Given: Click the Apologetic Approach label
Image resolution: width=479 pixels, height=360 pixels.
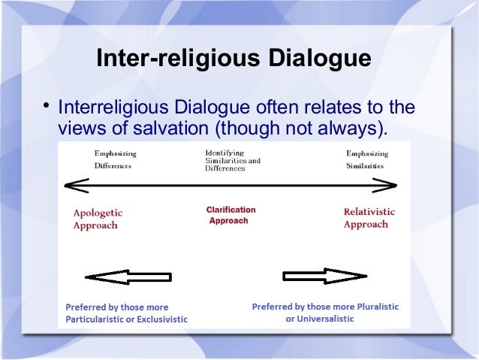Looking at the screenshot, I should tap(98, 218).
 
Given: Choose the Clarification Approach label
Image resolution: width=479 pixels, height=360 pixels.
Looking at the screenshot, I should tap(230, 216).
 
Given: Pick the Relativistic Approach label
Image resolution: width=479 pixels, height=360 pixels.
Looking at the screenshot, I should tap(369, 218).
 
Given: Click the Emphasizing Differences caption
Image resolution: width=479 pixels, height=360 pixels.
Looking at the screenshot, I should tap(115, 159).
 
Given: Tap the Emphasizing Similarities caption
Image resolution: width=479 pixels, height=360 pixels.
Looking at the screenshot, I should tap(366, 159).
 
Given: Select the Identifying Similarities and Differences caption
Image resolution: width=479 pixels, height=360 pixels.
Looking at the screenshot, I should tap(233, 160).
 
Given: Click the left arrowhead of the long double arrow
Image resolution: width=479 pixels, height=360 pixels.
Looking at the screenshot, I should tap(74, 184).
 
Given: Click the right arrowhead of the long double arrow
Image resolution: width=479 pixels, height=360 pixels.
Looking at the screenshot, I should tap(388, 184).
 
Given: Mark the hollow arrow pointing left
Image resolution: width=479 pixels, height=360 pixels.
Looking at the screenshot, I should tap(128, 277).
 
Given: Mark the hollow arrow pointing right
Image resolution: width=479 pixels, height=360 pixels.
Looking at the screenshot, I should tap(324, 276).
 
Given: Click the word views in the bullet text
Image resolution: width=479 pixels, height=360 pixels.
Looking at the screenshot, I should tap(80, 129).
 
